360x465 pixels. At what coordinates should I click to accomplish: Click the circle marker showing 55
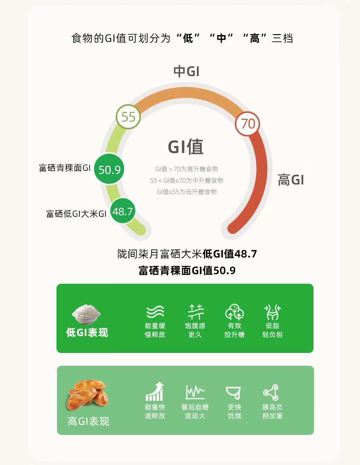click(x=128, y=117)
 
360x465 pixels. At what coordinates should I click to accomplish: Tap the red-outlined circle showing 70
click(x=247, y=123)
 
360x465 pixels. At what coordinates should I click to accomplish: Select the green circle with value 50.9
click(x=109, y=170)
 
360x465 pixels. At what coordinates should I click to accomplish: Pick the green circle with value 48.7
click(x=123, y=211)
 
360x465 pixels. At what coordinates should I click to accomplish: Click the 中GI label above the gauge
click(x=186, y=72)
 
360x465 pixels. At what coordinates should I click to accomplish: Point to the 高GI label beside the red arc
click(x=291, y=180)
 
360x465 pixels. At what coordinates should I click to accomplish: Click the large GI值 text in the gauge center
click(x=185, y=147)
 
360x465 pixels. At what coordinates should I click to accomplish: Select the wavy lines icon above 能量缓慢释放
click(x=155, y=312)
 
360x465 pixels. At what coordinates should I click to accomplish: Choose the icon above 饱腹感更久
click(x=195, y=312)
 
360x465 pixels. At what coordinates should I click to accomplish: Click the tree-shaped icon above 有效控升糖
click(x=234, y=312)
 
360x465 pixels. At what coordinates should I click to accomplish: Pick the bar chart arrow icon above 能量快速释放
click(x=155, y=392)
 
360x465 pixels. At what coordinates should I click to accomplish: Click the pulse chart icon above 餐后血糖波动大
click(x=195, y=392)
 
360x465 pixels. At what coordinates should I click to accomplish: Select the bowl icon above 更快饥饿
click(x=234, y=392)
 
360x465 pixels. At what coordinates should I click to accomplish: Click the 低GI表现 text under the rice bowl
click(x=87, y=332)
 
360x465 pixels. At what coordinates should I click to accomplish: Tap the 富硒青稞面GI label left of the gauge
click(x=65, y=168)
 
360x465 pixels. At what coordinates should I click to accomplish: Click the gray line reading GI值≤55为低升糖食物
click(x=186, y=192)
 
